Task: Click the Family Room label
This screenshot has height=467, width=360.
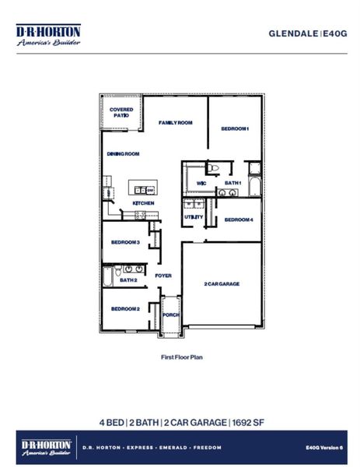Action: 176,123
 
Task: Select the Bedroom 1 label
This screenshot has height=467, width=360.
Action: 234,128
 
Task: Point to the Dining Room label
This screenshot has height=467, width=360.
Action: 123,154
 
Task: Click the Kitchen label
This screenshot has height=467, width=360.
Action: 143,203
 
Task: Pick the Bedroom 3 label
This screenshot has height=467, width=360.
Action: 124,242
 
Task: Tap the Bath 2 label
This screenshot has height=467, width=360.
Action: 128,279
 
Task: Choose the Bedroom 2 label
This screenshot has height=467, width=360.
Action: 124,309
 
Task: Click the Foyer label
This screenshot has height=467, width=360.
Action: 163,276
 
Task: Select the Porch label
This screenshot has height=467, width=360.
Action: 170,315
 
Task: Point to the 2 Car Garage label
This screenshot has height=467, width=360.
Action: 222,284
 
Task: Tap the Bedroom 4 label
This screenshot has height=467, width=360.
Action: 239,220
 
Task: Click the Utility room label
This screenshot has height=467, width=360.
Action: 194,216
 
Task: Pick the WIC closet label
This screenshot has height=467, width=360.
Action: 201,184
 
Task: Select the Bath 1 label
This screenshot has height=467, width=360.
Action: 233,183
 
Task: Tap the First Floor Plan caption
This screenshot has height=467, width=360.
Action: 180,359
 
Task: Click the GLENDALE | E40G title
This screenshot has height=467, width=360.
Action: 307,33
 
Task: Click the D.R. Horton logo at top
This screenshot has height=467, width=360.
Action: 47,35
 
